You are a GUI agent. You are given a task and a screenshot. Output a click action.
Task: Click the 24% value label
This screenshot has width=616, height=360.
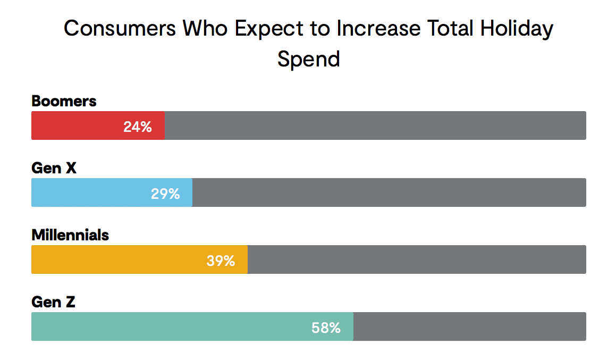point(138,127)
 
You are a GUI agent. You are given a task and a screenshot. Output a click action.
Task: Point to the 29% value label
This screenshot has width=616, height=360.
point(165,194)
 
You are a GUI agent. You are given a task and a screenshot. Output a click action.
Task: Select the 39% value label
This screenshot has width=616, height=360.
point(221,261)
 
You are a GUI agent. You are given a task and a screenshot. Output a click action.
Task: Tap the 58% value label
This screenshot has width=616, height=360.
point(326,328)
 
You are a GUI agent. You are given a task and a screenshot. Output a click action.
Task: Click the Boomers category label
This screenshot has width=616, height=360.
point(64,101)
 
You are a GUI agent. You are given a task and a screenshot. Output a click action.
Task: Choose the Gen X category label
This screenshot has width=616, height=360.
point(54,168)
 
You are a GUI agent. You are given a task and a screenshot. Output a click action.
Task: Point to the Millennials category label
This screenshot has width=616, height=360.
point(70,235)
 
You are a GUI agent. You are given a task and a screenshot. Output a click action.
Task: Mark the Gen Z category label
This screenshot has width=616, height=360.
point(53,302)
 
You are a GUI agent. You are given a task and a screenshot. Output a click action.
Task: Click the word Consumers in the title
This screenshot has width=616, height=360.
point(120,28)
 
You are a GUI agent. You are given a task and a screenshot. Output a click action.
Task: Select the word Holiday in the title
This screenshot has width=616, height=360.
point(517,28)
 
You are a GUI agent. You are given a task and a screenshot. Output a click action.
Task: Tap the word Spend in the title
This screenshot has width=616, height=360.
point(308,58)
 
